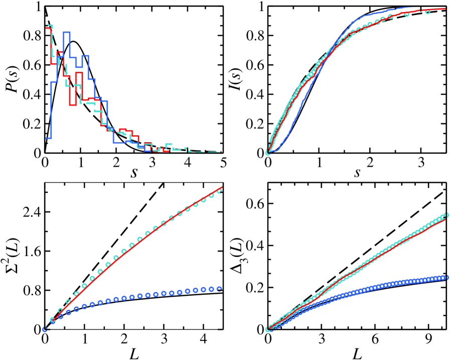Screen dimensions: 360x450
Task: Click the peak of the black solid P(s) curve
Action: [x=73, y=41]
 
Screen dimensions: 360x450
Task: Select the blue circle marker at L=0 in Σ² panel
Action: [x=45, y=329]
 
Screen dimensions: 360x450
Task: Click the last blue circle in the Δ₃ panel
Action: [x=446, y=277]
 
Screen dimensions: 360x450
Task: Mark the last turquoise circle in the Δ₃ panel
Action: [x=446, y=215]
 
